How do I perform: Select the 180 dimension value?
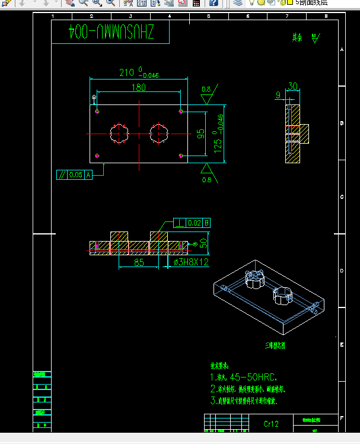coord(138,88)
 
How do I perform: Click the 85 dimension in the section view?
coord(138,261)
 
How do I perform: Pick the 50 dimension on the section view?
coord(203,243)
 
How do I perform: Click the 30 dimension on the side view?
coord(292,87)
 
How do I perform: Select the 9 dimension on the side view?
coord(278,95)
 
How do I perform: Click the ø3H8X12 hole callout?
coord(191,261)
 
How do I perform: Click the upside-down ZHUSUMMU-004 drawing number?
coord(111,33)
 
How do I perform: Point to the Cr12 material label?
coord(271,424)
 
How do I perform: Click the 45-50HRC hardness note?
coord(243,377)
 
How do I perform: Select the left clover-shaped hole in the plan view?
coord(119,134)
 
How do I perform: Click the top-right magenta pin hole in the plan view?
coord(181,111)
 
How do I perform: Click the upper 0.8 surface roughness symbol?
coord(206,90)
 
